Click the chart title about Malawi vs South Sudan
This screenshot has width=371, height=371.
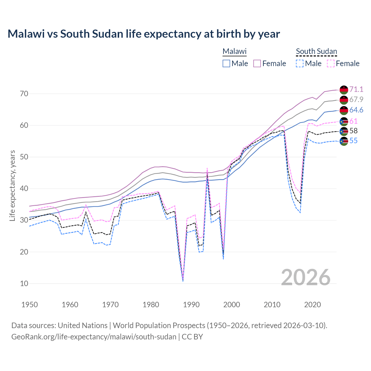(x=144, y=34)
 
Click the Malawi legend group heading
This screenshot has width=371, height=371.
(x=234, y=51)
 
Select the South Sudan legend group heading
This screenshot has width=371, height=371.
(x=316, y=51)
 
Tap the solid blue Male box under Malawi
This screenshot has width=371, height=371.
(x=226, y=63)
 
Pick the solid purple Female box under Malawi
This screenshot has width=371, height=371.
(x=257, y=63)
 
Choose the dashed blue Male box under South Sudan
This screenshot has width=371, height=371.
(x=300, y=63)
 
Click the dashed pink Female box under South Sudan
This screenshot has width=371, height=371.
(x=331, y=63)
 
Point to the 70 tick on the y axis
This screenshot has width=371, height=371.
(x=24, y=94)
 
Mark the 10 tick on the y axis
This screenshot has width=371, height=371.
(x=24, y=283)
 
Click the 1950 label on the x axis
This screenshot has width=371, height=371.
(x=30, y=305)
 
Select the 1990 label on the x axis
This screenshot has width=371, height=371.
(x=191, y=305)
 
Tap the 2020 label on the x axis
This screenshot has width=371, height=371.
(x=312, y=305)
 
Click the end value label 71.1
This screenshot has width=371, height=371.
(x=356, y=89)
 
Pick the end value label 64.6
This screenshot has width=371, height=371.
(x=356, y=110)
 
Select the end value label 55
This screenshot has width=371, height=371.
(x=353, y=141)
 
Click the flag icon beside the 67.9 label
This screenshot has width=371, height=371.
(x=344, y=100)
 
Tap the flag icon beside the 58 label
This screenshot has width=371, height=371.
(x=344, y=131)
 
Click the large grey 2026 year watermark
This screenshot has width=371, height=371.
(x=305, y=277)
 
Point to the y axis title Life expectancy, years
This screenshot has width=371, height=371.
(x=12, y=185)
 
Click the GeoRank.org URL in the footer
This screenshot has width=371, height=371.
(x=94, y=337)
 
